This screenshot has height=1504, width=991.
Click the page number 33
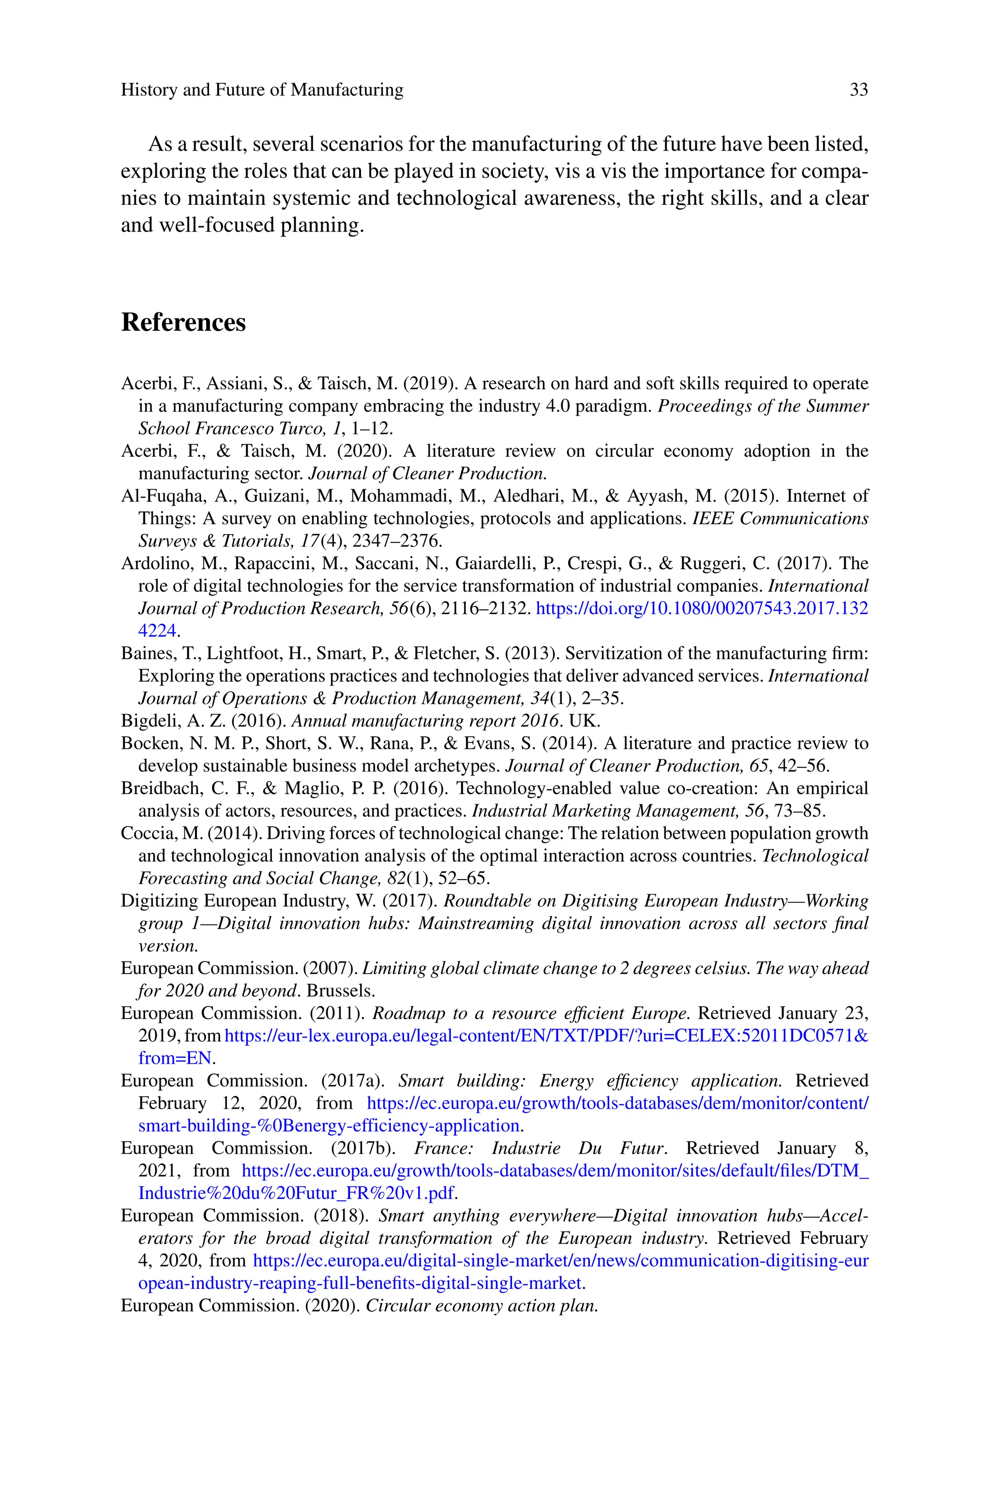[x=858, y=91]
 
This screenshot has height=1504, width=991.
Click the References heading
[x=183, y=322]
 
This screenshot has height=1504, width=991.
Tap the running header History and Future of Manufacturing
[x=262, y=91]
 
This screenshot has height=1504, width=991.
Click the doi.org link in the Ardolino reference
[x=702, y=608]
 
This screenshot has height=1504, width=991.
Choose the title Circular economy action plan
[x=481, y=1305]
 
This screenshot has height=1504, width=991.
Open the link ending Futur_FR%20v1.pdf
[x=296, y=1194]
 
